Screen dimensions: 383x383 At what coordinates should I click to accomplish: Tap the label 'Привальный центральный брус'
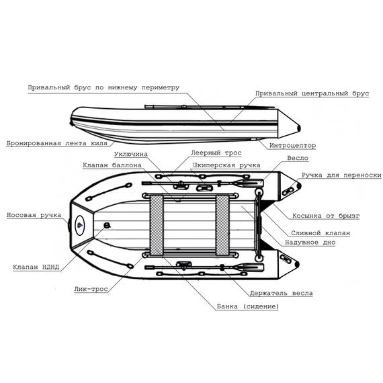(x=312, y=94)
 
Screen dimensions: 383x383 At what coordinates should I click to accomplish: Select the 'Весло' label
(x=297, y=159)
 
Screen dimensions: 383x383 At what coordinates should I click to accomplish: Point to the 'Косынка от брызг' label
(x=326, y=216)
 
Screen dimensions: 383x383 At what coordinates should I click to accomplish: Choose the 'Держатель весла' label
(x=281, y=293)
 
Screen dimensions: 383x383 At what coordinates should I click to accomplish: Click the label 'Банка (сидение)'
(x=248, y=306)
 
